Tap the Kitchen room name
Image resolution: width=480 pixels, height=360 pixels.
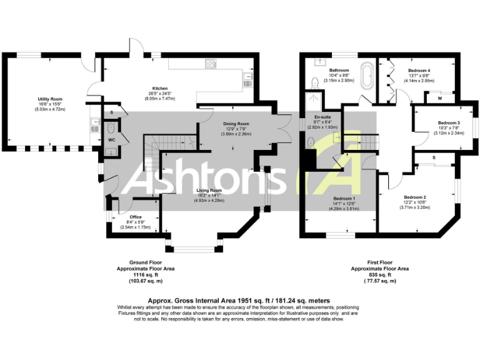161,88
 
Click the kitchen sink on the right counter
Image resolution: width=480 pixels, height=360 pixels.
247,80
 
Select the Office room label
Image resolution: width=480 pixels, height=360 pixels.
136,217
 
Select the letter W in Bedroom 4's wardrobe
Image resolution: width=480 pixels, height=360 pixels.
440,98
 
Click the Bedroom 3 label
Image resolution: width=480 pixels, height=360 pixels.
449,123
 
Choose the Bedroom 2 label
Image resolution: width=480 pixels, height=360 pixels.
414,196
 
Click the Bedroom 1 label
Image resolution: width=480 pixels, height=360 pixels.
344,198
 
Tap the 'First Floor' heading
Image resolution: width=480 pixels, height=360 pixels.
379,262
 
